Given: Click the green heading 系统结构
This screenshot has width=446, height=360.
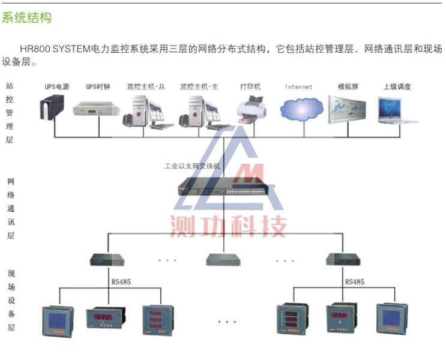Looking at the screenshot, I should (x=27, y=18).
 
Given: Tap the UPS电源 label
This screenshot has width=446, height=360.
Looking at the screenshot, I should (x=57, y=87).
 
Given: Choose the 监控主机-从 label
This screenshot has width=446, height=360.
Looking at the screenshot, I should (x=146, y=87).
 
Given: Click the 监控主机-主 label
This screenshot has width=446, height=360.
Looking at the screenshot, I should (x=199, y=87).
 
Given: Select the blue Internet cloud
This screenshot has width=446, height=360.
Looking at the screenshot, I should (x=299, y=110).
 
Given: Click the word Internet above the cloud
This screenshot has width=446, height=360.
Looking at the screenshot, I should (x=299, y=87).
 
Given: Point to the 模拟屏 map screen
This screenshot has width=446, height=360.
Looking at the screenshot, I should (x=347, y=109).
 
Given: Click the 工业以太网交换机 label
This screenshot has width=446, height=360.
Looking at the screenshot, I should (x=192, y=166).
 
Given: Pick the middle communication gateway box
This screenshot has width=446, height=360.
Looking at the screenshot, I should (x=223, y=259).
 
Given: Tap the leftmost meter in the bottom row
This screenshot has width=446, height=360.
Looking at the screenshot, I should (x=55, y=321).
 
